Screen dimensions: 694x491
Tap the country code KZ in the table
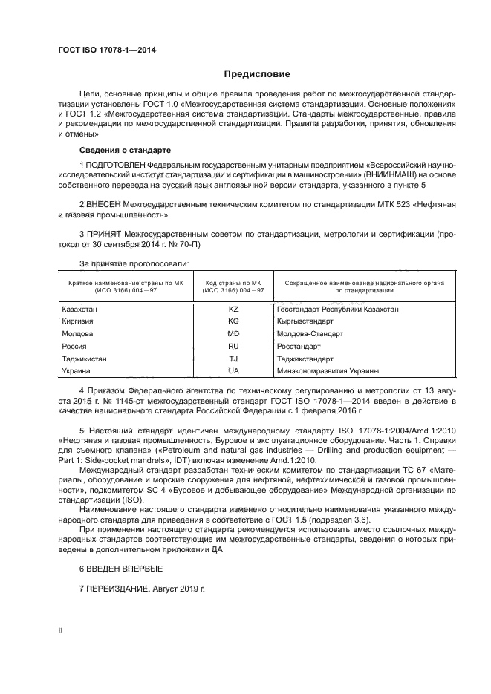[x=233, y=308]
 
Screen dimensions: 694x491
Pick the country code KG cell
[x=233, y=321]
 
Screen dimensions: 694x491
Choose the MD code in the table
[x=233, y=333]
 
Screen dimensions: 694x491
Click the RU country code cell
[x=233, y=346]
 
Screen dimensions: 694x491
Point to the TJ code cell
[x=233, y=359]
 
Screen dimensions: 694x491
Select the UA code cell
[x=233, y=370]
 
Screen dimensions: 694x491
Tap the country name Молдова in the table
[x=77, y=333]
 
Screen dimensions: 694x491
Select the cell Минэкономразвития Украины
[x=327, y=370]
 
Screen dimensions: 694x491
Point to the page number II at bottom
[x=60, y=630]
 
